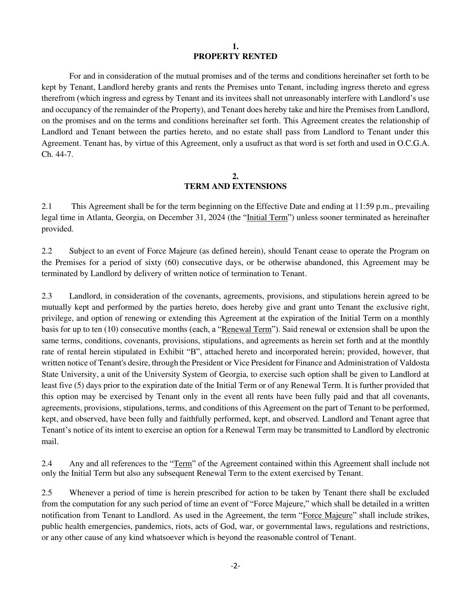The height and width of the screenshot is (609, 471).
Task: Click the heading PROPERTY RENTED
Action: tap(235, 56)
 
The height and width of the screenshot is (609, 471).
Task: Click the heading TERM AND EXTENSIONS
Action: tap(235, 186)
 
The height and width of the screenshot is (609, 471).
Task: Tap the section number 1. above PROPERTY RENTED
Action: tap(235, 47)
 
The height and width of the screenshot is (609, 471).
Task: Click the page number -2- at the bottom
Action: tap(235, 566)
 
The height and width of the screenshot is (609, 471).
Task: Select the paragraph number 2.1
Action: tap(47, 206)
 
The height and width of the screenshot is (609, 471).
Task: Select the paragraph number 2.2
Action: tap(47, 251)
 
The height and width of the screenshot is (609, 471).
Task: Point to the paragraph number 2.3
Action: tap(47, 296)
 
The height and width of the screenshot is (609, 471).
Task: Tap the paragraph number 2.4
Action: tap(47, 464)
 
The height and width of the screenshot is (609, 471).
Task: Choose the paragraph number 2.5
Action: tap(47, 493)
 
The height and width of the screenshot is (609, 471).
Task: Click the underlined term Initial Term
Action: tap(267, 217)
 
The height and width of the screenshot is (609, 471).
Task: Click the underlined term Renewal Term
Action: tap(246, 329)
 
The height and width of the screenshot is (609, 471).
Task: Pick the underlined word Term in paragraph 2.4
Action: tap(182, 464)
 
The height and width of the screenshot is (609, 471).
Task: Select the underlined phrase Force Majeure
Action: tap(327, 515)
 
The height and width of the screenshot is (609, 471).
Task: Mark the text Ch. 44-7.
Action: tap(57, 154)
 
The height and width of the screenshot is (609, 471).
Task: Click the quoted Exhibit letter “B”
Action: tap(193, 352)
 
